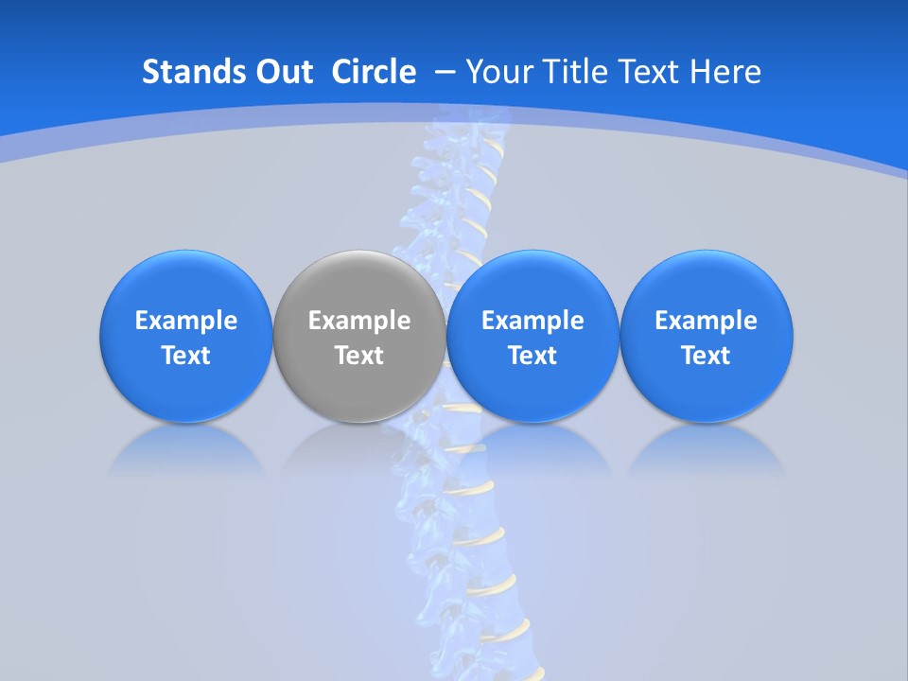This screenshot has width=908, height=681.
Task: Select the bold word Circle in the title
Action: tap(374, 72)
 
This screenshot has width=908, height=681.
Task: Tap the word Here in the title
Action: tap(725, 72)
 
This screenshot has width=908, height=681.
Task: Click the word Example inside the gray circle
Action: tap(359, 321)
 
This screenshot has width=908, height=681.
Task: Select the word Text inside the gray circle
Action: tap(359, 356)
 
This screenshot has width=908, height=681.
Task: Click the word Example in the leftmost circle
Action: tap(186, 321)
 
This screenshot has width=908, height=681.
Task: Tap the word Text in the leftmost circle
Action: tap(186, 356)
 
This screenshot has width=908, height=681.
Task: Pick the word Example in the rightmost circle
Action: tap(706, 321)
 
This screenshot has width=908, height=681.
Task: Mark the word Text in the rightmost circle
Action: tap(706, 356)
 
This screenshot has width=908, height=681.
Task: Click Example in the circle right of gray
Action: tap(533, 321)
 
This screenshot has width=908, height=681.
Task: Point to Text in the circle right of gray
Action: tap(533, 356)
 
